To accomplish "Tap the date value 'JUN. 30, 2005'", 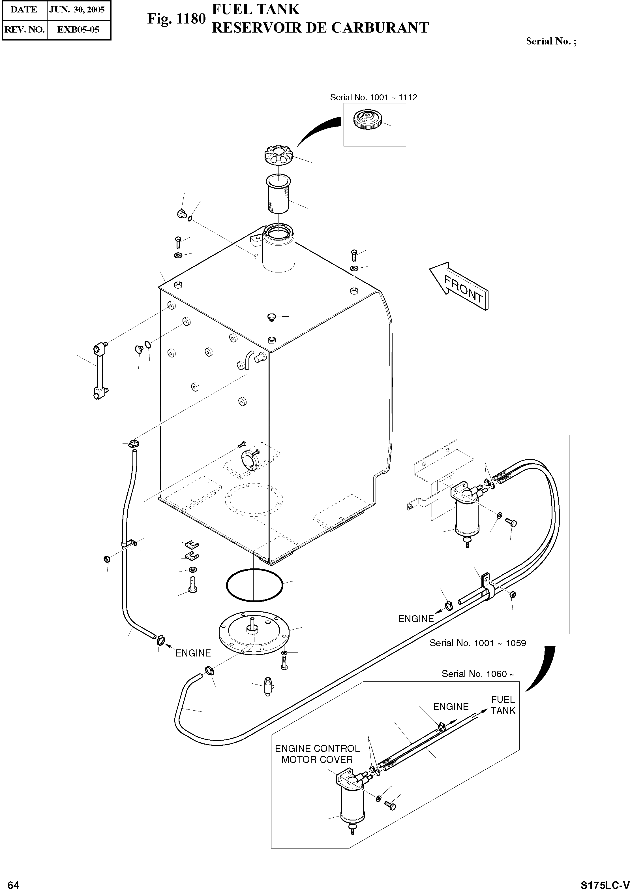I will (x=77, y=10).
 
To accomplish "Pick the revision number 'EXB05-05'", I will (x=78, y=29).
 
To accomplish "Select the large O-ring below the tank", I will (x=254, y=585).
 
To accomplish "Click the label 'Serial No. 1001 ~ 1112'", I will (x=373, y=97).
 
